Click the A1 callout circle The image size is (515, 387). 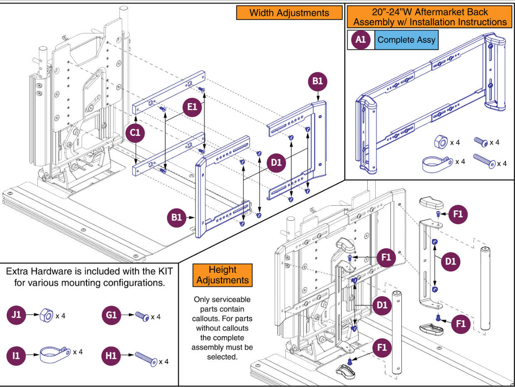[361, 40]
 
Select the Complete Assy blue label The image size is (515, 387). [406, 40]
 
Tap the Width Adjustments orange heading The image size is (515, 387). [289, 13]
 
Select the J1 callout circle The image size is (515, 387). [17, 316]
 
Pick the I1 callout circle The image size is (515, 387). [17, 355]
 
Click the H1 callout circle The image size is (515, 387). [111, 355]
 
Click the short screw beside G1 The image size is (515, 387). [142, 317]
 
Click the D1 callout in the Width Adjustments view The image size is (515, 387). [277, 163]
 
